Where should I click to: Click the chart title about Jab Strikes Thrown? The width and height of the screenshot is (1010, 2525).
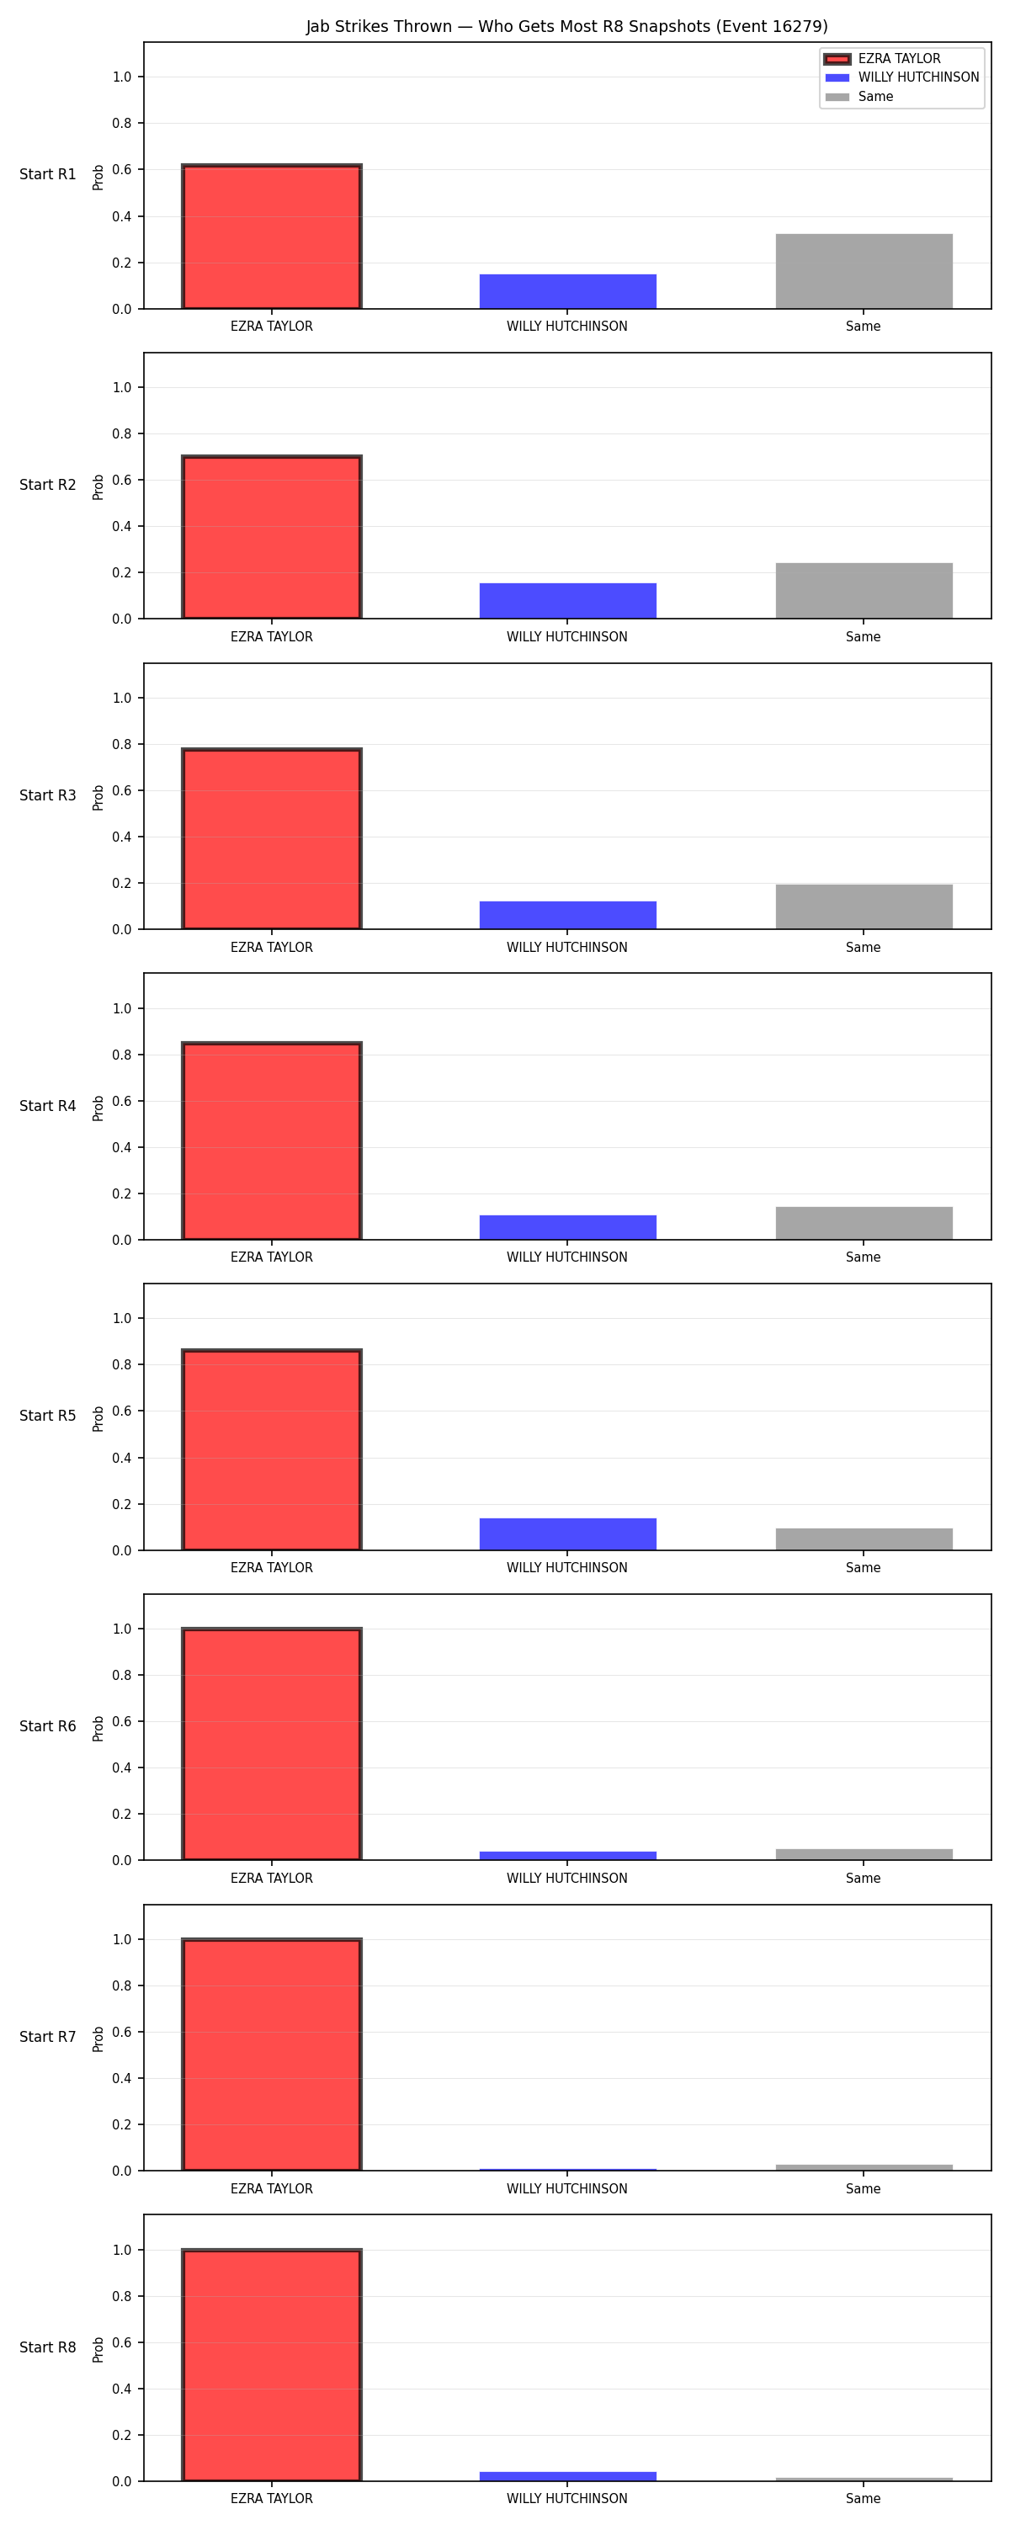pos(566,26)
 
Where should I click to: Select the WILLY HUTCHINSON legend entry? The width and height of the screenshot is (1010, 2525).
pos(902,77)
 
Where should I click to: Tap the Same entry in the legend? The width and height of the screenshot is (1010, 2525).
pos(859,97)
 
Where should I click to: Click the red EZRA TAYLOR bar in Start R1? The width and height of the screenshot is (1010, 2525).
pos(272,237)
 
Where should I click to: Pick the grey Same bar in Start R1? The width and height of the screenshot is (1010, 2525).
pos(864,272)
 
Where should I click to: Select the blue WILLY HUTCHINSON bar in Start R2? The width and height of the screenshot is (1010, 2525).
pos(568,601)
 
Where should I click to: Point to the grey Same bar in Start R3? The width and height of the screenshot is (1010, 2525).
pos(864,906)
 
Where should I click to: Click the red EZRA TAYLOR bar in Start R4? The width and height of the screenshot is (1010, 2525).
pos(272,1141)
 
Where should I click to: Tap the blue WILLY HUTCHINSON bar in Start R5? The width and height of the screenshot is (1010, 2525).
pos(568,1534)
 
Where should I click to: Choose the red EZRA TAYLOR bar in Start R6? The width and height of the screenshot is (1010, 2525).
pos(272,1744)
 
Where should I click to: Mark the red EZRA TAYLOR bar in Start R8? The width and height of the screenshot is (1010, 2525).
pos(272,2365)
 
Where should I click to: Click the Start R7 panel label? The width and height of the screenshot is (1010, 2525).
pos(48,2037)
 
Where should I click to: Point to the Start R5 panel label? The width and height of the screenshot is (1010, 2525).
pos(48,1417)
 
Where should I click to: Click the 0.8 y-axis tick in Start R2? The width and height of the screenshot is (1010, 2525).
pos(121,434)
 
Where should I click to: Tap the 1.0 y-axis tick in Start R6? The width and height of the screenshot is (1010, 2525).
pos(121,1629)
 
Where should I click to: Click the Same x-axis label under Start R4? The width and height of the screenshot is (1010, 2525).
pos(863,1257)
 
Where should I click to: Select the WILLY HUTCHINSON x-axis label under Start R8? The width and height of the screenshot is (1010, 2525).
pos(566,2499)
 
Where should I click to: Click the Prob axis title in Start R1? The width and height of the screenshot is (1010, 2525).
pos(98,178)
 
